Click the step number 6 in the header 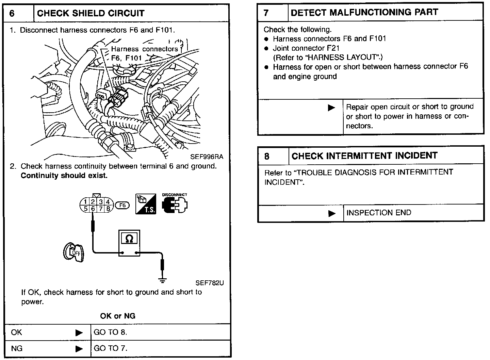(12, 14)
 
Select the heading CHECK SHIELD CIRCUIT (91, 14)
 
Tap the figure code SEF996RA (207, 157)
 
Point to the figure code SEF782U (210, 283)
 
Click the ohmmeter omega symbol (129, 239)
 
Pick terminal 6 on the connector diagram (93, 209)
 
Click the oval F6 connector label (122, 206)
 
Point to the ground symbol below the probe (163, 280)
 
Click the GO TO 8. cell (110, 332)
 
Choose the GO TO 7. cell (110, 348)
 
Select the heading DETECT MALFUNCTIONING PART (364, 13)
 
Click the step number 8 (267, 156)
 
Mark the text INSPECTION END (379, 213)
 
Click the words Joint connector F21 (306, 48)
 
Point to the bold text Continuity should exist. (64, 176)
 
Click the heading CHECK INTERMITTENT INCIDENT (364, 156)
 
